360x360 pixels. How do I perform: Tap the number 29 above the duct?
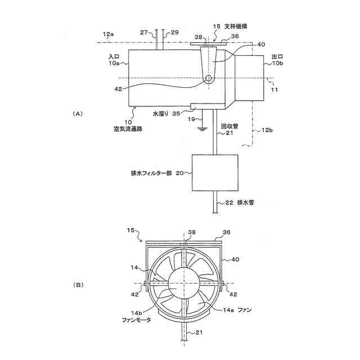174,33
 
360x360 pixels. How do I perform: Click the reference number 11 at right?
274,89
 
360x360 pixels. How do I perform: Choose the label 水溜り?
161,113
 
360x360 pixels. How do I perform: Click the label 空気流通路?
128,129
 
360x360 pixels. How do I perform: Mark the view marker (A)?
78,114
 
